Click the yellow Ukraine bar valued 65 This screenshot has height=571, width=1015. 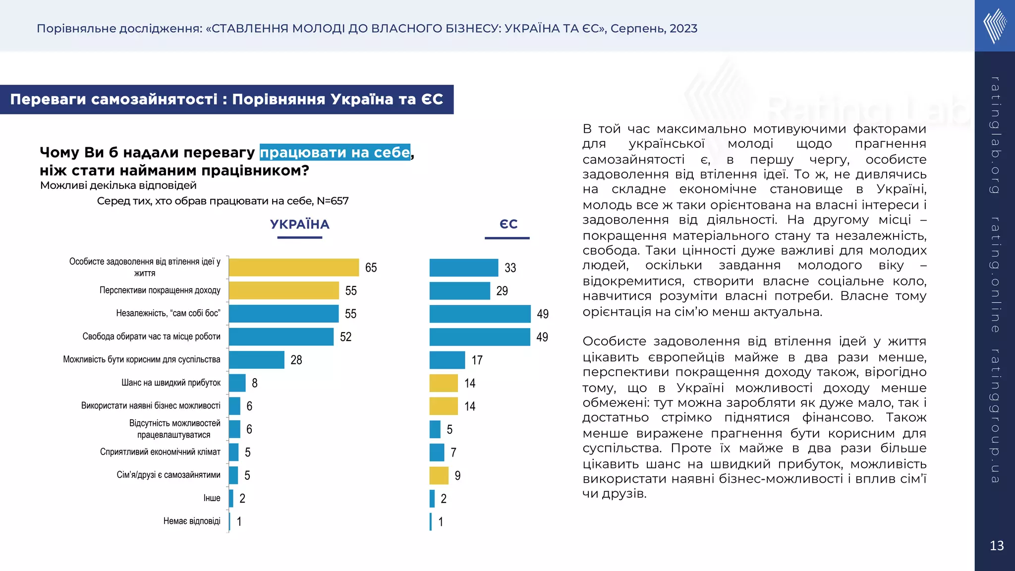coord(293,268)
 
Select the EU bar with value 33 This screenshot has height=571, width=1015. coord(463,268)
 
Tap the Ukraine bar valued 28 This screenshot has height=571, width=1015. coord(256,360)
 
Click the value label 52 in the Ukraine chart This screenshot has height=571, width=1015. coord(345,337)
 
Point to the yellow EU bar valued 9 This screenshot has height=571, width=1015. coord(439,476)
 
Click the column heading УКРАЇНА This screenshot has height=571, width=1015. coord(299,225)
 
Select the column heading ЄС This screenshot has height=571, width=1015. coord(508,225)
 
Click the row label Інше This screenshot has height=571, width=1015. coord(212,498)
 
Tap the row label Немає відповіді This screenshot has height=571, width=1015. coord(192,521)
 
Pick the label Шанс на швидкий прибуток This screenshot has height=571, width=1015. coord(171,383)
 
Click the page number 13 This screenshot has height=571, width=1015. coord(996,546)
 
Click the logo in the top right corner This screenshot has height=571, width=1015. coord(995,26)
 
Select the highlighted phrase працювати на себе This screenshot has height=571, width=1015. coord(335,152)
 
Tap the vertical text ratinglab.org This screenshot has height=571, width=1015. coord(995,135)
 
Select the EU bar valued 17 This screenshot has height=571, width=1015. coord(447,360)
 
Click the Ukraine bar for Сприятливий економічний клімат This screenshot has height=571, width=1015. coord(233,452)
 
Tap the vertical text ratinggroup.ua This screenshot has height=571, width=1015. coord(995,415)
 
